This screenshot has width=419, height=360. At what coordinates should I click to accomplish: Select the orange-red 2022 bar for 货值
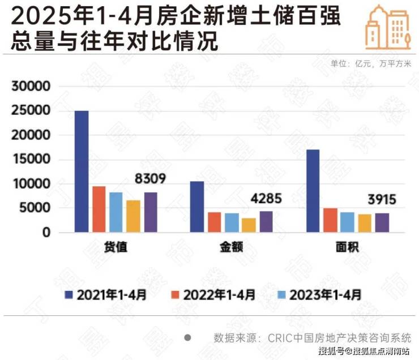pyautogui.click(x=99, y=209)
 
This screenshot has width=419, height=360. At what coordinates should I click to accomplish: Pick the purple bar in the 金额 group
pyautogui.click(x=266, y=221)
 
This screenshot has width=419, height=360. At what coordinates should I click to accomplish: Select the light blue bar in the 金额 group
pyautogui.click(x=232, y=222)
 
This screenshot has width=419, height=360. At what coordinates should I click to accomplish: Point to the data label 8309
pyautogui.click(x=150, y=179)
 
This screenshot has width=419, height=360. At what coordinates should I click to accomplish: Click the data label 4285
pyautogui.click(x=266, y=199)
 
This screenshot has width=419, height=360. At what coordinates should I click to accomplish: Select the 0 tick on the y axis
pyautogui.click(x=48, y=233)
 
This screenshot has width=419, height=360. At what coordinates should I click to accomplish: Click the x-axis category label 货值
pyautogui.click(x=116, y=248)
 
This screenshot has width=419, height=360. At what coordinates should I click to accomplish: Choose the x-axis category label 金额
pyautogui.click(x=232, y=248)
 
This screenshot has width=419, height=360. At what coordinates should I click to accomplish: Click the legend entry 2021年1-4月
pyautogui.click(x=106, y=294)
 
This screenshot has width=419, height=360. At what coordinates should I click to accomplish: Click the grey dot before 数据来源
pyautogui.click(x=187, y=337)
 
